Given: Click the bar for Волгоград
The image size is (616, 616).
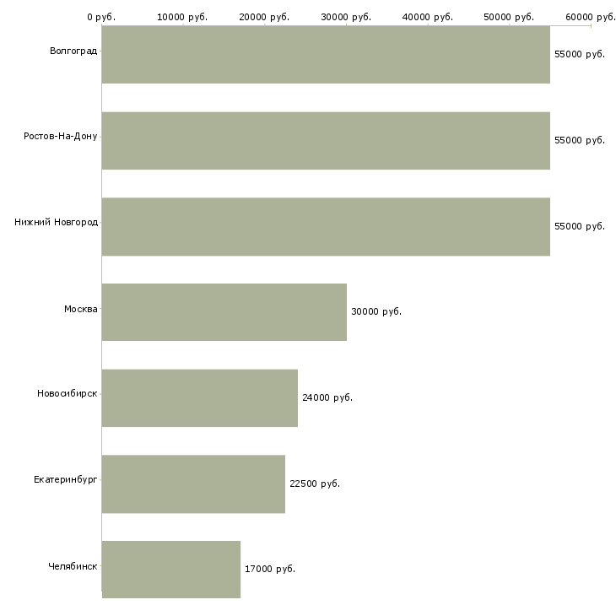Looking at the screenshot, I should point(326,55).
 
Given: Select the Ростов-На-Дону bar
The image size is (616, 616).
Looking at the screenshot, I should point(326,141).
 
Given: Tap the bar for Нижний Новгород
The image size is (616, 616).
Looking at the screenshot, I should point(326,227).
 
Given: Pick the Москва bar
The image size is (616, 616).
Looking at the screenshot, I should point(224,312).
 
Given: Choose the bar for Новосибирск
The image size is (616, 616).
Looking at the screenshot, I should point(200,398).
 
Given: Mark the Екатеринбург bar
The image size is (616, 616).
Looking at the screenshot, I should point(193,484).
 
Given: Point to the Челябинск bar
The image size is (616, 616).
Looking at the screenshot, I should point(171,570).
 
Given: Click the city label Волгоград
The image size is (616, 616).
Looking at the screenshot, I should point(73,51).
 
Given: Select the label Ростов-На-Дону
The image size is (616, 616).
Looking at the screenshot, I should point(61,137).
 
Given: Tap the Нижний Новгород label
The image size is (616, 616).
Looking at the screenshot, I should point(56,223).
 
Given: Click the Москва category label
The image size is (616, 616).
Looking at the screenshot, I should point(81,309).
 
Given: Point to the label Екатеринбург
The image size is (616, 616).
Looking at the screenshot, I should point(66,479).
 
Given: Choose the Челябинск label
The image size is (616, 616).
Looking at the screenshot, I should point(73,565).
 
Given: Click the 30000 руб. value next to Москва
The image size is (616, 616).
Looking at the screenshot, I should point(376,311).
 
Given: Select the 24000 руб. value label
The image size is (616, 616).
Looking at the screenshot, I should point(327,397).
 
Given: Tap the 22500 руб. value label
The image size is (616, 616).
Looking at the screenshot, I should point(315,484).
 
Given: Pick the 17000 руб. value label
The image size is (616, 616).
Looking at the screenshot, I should point(270,569).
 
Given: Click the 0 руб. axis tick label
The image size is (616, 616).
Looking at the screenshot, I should point(101,17).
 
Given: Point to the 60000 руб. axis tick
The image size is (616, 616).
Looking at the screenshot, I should point(591,17).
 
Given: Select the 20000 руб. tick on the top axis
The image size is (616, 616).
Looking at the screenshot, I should point(264,17).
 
